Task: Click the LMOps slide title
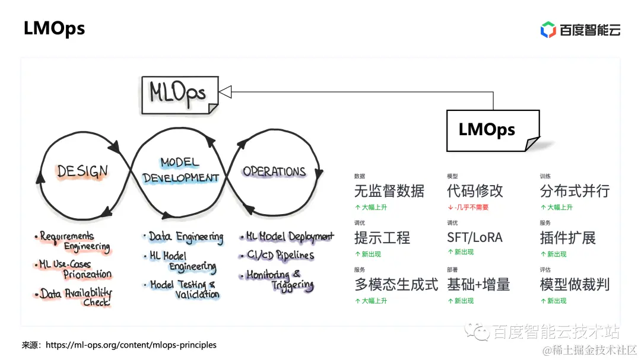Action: click(x=54, y=28)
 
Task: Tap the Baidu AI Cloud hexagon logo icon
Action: click(x=547, y=29)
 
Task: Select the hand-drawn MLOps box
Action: click(x=179, y=94)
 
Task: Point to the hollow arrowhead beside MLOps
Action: click(x=226, y=91)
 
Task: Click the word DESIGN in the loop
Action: click(x=82, y=171)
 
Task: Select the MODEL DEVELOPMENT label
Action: click(x=180, y=170)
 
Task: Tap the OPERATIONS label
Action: click(x=274, y=171)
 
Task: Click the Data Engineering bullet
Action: click(x=185, y=237)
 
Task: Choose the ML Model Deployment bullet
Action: click(x=289, y=237)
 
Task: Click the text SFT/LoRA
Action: click(x=474, y=238)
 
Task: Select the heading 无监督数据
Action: click(x=389, y=191)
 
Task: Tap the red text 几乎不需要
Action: click(x=472, y=208)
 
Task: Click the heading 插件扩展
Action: click(x=567, y=238)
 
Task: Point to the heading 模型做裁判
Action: click(x=575, y=284)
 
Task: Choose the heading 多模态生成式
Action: click(x=396, y=284)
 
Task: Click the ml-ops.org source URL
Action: click(x=131, y=345)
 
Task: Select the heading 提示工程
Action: click(x=382, y=238)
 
